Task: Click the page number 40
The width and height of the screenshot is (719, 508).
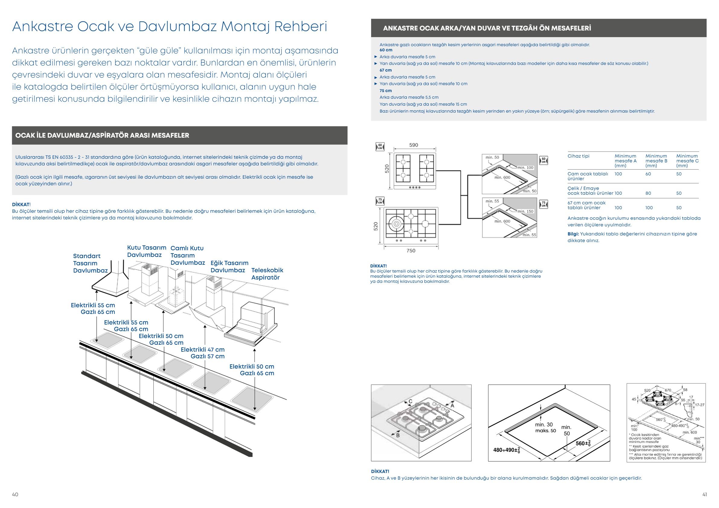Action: point(15,494)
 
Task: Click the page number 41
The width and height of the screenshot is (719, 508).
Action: point(705,494)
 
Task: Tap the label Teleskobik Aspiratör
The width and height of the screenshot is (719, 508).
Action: point(267,274)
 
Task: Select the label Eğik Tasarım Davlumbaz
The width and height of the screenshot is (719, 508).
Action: point(229,267)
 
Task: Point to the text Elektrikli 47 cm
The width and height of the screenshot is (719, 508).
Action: point(203,350)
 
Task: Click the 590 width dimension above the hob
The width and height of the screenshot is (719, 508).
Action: point(414,145)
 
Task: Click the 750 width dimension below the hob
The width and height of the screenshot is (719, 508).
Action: point(411,251)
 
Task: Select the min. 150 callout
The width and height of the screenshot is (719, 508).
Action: point(525,211)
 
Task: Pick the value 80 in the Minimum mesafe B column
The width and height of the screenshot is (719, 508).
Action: point(648,193)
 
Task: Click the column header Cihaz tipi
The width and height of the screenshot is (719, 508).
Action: point(578,156)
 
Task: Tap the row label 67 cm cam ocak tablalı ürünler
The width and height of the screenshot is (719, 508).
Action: point(586,205)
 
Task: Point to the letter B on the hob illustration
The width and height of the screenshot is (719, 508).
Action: point(398,435)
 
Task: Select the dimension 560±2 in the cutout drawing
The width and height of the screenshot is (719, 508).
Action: point(583,443)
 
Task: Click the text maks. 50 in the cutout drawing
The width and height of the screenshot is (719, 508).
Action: point(545,431)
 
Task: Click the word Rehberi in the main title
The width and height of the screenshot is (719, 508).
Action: point(301,27)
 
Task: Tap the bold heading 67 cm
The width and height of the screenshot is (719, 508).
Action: point(386,70)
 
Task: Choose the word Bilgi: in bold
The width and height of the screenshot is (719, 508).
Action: point(573,234)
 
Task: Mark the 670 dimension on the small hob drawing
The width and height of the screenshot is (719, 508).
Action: point(668,390)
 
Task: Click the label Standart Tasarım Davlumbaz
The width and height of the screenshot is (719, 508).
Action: point(90,263)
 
